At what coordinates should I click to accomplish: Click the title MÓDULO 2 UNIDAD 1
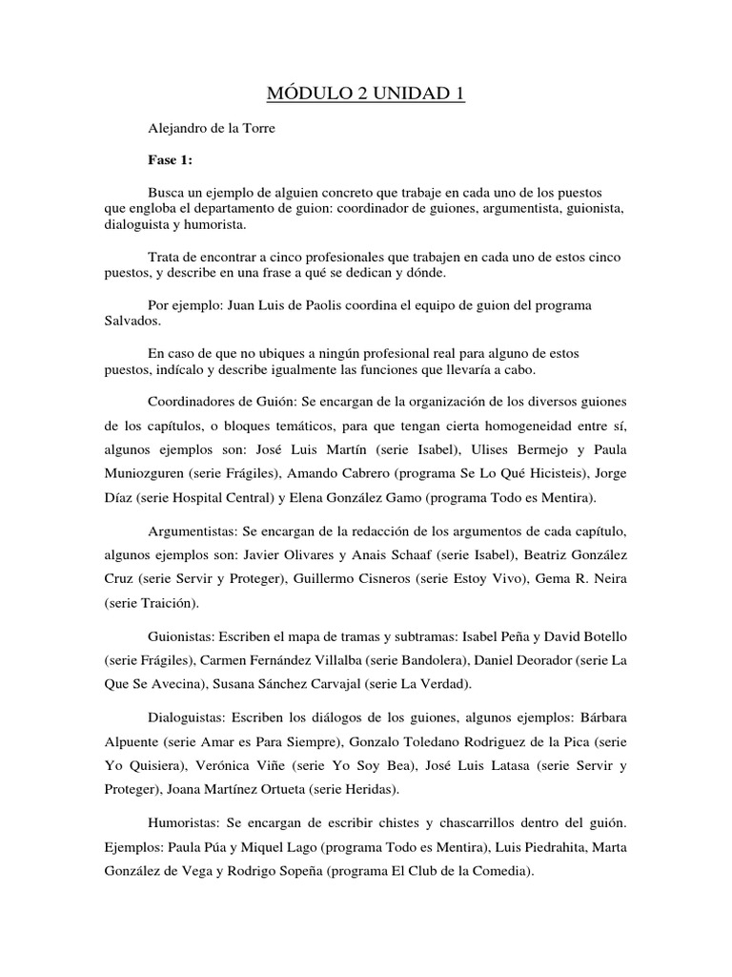click(x=366, y=95)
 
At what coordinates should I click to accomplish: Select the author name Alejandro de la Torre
click(x=212, y=129)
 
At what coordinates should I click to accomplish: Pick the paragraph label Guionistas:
click(x=181, y=635)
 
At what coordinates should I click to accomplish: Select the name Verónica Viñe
click(x=238, y=766)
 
